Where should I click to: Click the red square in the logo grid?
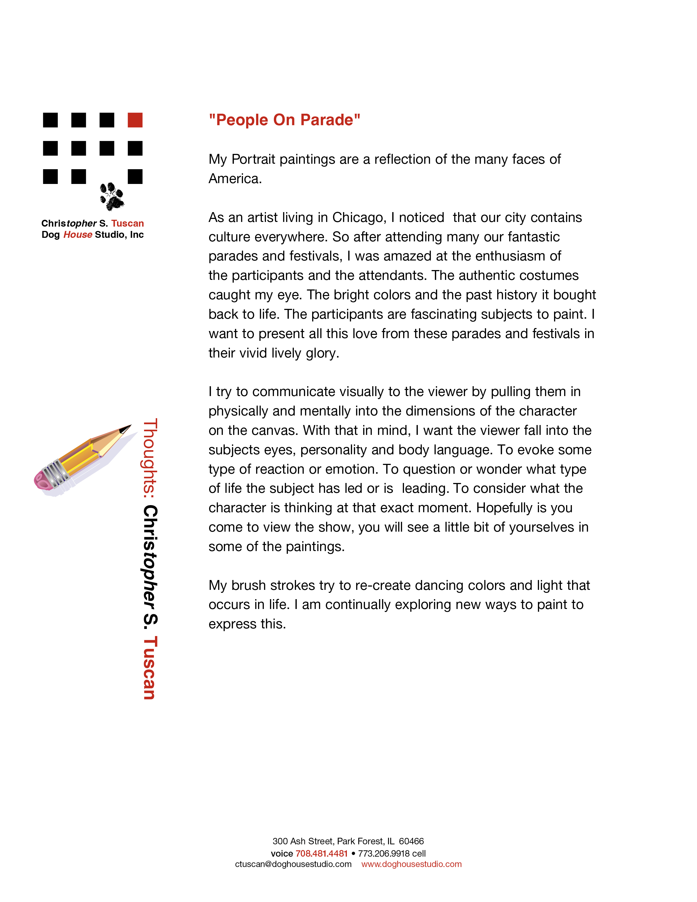(135, 120)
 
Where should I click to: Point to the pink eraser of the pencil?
(42, 480)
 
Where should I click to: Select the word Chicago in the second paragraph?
(359, 218)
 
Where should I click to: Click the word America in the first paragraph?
(235, 179)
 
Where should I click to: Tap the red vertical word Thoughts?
(150, 456)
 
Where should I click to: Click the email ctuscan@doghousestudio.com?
(293, 864)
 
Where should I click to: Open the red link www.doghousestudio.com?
(411, 864)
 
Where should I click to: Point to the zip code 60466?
(411, 841)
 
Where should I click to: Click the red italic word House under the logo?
(78, 235)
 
